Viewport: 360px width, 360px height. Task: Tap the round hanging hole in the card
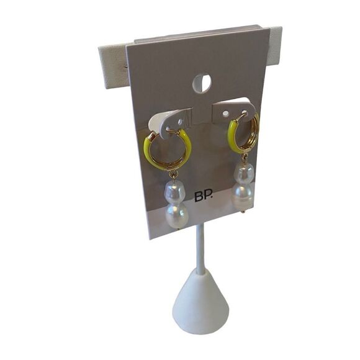[x=202, y=83]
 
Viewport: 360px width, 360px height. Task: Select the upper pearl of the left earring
[x=173, y=190]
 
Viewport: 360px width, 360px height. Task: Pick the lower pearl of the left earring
[x=176, y=215]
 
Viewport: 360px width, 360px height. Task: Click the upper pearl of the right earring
[x=244, y=171]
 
